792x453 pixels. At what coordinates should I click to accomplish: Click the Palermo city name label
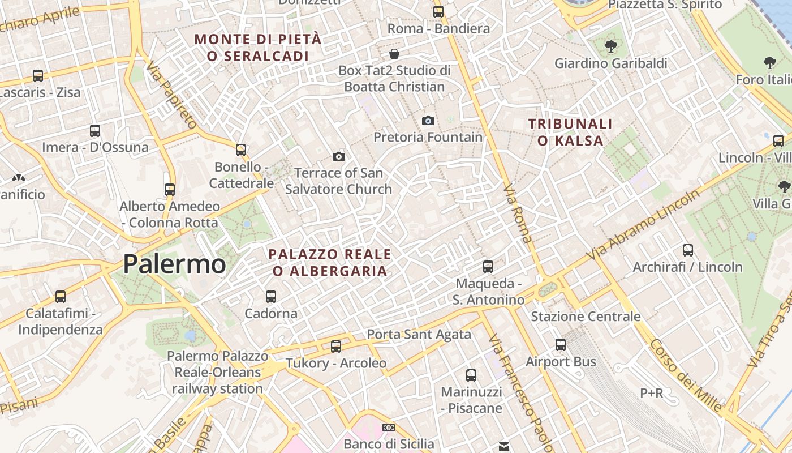174,264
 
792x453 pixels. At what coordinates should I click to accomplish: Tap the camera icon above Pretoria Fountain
428,121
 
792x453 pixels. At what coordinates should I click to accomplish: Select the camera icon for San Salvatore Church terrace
339,156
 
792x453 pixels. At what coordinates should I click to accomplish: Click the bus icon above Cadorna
271,296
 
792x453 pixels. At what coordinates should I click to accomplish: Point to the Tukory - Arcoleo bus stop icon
336,346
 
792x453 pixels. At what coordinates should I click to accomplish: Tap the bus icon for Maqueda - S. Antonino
488,266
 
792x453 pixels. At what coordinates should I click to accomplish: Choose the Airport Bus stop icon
561,344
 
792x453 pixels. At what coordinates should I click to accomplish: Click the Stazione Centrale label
586,317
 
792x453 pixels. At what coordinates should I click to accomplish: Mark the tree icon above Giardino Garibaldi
610,46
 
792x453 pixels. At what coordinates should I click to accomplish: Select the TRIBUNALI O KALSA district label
570,132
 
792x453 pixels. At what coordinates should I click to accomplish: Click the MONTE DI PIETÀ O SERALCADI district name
258,48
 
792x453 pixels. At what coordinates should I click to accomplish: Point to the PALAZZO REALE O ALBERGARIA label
330,262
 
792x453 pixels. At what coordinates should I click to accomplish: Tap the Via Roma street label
518,213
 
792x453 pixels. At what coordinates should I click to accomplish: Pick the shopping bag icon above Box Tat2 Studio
394,54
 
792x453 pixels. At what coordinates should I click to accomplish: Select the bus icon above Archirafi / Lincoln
688,250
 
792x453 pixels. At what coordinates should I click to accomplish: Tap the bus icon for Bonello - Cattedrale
241,149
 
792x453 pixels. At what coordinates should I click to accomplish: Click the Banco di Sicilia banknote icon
389,428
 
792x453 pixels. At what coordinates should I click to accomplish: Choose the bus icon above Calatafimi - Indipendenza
61,296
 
